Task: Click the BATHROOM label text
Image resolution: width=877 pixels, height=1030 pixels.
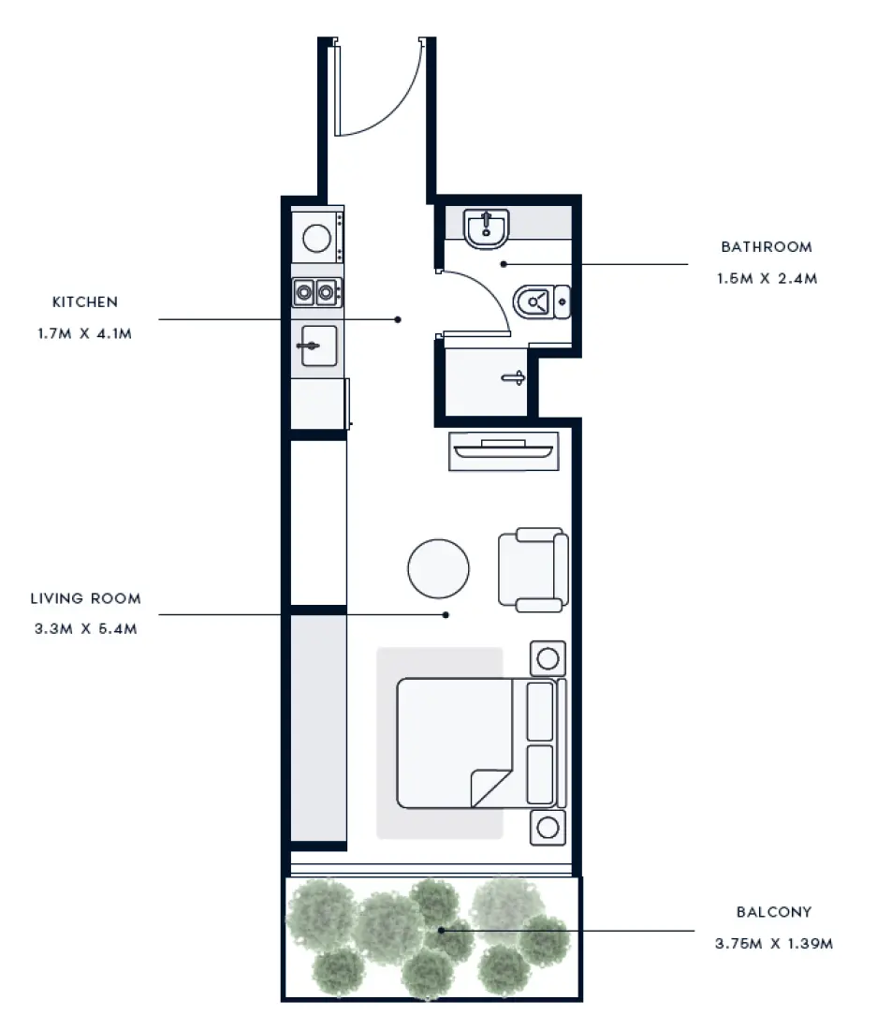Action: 766,247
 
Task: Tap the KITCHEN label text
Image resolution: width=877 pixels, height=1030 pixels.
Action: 85,302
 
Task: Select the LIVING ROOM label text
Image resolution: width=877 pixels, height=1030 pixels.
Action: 85,598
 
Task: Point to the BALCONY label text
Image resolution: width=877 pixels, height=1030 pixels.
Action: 773,911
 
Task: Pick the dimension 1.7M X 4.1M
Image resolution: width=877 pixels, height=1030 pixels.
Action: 84,332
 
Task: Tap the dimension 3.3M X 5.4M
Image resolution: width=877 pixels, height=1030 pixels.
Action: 85,628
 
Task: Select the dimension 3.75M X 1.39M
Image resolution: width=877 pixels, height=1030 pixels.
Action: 773,943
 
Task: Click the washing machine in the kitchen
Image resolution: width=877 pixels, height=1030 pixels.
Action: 316,238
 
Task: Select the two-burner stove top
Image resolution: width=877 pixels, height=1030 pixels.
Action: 315,292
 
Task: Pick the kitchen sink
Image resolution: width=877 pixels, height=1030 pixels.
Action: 316,347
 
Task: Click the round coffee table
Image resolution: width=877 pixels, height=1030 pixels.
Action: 438,567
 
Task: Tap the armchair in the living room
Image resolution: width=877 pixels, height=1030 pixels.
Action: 533,569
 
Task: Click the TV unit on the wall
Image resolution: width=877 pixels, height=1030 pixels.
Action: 504,451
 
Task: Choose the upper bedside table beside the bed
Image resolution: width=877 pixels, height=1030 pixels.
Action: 548,658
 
